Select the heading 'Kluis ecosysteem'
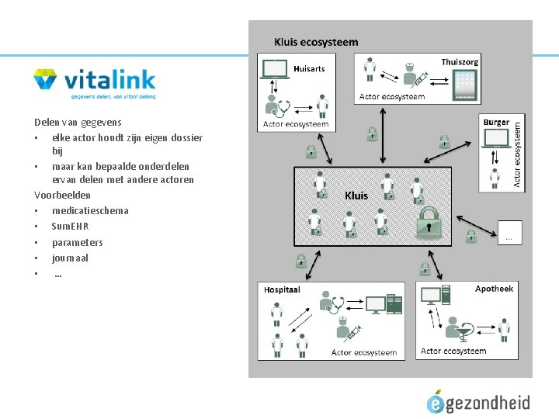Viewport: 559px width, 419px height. point(316,42)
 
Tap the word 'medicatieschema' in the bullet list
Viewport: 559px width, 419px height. point(90,210)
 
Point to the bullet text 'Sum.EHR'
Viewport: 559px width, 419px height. point(70,226)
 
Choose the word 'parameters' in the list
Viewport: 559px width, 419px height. point(77,242)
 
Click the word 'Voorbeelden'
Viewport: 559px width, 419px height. point(62,195)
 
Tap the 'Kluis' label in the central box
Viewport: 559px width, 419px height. point(356,196)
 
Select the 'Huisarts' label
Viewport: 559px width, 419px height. point(309,68)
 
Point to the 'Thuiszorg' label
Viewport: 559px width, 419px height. point(460,61)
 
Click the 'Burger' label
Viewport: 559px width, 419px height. point(496,122)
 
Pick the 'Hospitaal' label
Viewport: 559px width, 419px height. point(282,289)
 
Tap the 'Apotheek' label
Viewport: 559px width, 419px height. point(494,288)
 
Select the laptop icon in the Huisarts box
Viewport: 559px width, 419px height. point(276,71)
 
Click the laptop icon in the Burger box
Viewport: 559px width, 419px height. point(495,139)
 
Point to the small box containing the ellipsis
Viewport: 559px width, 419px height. point(509,232)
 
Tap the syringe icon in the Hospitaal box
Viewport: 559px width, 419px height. point(349,334)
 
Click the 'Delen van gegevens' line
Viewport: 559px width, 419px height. point(78,122)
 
